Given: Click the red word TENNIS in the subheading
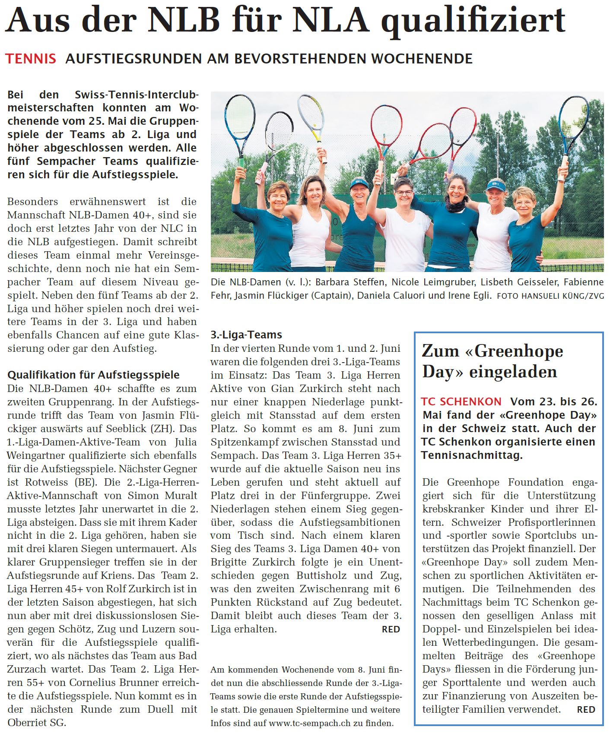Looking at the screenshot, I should [31, 59].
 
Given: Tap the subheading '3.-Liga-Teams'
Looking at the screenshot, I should [246, 335].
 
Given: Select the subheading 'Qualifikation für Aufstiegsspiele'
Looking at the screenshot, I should [93, 375].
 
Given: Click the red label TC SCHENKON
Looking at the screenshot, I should [461, 402].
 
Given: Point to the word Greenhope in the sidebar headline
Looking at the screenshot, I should [519, 351].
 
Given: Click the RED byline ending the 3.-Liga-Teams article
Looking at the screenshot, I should [391, 629].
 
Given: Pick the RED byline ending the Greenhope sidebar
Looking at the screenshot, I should [586, 709].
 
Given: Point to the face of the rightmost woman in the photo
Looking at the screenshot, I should [524, 204].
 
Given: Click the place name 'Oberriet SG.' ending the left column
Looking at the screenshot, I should [37, 723].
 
